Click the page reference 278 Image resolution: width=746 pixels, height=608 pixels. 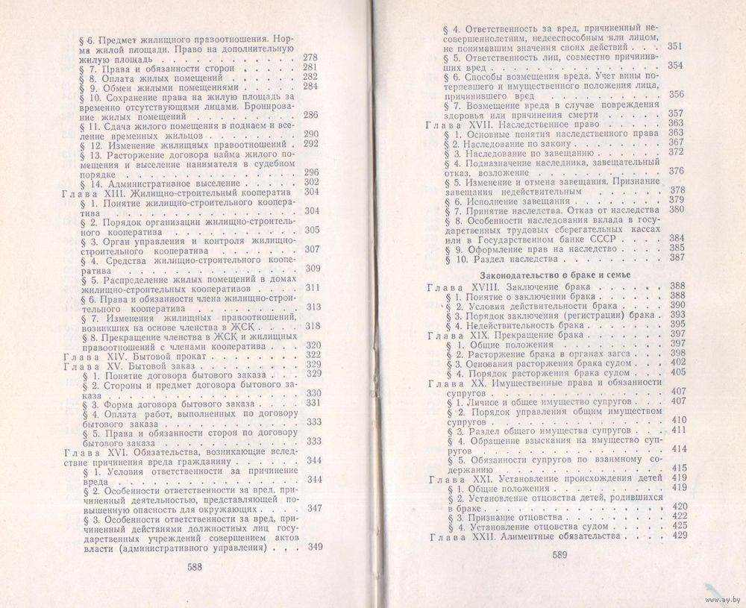click(x=311, y=57)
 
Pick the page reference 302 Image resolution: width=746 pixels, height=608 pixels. click(x=311, y=183)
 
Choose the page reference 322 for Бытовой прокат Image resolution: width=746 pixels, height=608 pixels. click(x=313, y=354)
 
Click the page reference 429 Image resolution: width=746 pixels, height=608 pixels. click(x=679, y=536)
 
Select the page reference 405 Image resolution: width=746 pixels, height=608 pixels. click(x=677, y=372)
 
